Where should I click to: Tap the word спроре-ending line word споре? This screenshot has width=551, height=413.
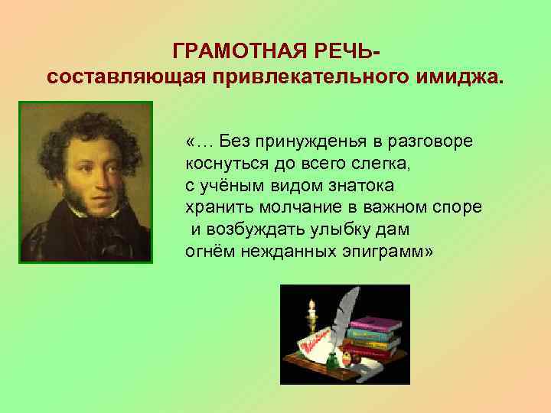(x=460, y=207)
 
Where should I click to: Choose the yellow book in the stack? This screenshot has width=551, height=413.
(x=376, y=343)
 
